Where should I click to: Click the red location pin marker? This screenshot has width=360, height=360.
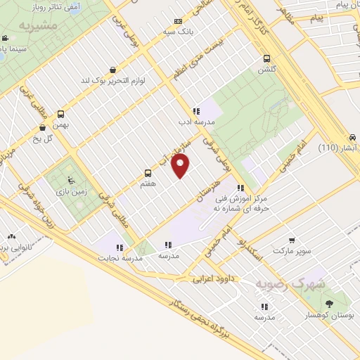[181, 165]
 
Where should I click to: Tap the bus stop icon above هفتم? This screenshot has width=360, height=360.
[148, 172]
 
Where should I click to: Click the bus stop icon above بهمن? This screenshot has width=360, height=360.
[61, 114]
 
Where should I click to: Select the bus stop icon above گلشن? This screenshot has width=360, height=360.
[266, 60]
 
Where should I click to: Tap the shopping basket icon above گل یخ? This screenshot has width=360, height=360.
[44, 127]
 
